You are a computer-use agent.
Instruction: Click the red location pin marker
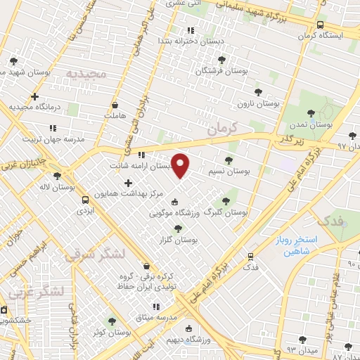[x=181, y=166]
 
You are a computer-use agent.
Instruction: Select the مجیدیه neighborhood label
[x=86, y=74]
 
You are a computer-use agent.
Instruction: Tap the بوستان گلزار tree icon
[x=178, y=228]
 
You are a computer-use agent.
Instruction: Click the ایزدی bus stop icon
[x=85, y=199]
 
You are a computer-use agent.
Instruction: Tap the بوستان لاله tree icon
[x=57, y=176]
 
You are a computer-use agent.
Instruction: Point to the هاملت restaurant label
[x=114, y=113]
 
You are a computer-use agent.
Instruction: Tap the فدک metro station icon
[x=251, y=257]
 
